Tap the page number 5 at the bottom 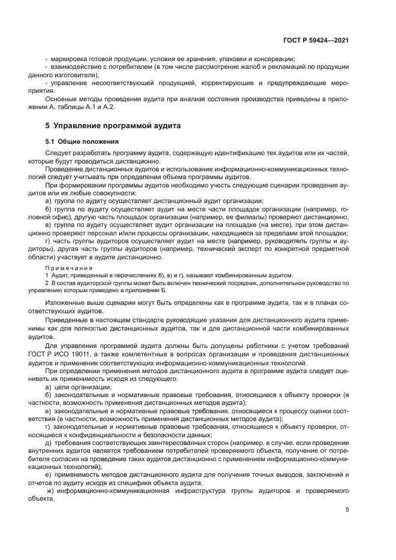(347, 509)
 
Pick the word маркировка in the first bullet (68, 59)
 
